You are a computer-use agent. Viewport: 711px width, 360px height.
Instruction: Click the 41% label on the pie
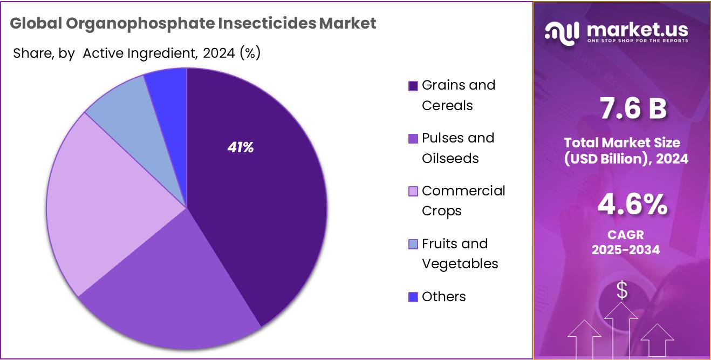click(x=241, y=147)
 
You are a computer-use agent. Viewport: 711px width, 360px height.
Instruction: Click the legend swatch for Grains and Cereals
click(x=413, y=86)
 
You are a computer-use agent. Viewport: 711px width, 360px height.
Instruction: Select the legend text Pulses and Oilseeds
click(x=457, y=148)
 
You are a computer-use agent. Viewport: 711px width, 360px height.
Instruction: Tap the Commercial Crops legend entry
click(x=463, y=201)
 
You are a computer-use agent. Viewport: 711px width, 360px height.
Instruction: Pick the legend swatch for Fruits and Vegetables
click(x=413, y=244)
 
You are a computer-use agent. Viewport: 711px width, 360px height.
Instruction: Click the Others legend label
click(x=443, y=296)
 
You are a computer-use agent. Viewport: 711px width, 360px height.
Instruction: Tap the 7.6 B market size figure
click(x=633, y=108)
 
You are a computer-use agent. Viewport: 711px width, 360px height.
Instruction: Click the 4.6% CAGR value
click(x=632, y=206)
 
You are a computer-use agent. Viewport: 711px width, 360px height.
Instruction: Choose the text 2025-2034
click(x=625, y=250)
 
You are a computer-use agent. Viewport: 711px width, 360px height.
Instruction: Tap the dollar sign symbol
click(x=622, y=290)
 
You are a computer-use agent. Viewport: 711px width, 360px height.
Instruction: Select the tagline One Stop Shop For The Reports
click(x=637, y=41)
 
